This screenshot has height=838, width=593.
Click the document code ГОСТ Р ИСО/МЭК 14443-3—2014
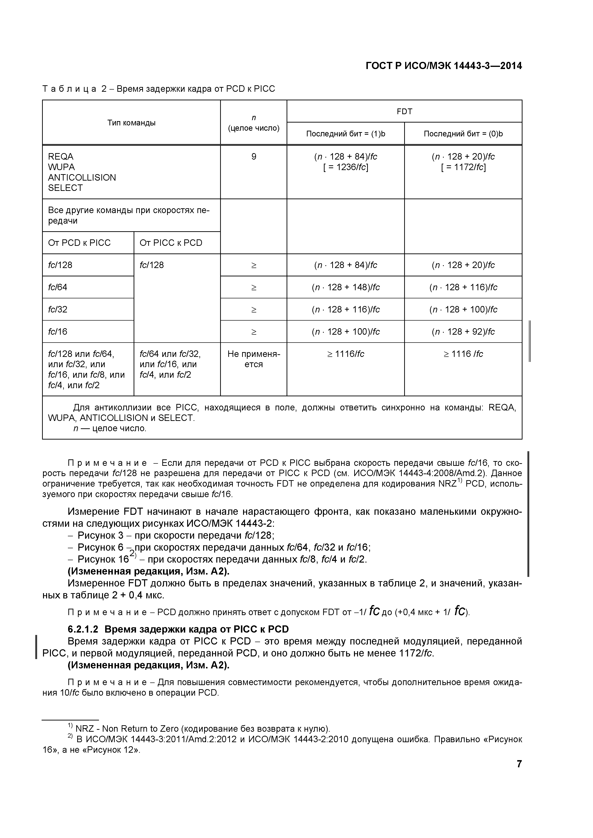[x=443, y=66]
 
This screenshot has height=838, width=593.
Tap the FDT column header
[x=404, y=111]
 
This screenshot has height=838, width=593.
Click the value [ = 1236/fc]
[x=345, y=167]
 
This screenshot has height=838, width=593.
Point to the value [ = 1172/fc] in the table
[x=463, y=167]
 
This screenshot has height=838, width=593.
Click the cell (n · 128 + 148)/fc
[x=345, y=287]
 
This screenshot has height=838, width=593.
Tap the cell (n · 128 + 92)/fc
[x=463, y=332]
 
